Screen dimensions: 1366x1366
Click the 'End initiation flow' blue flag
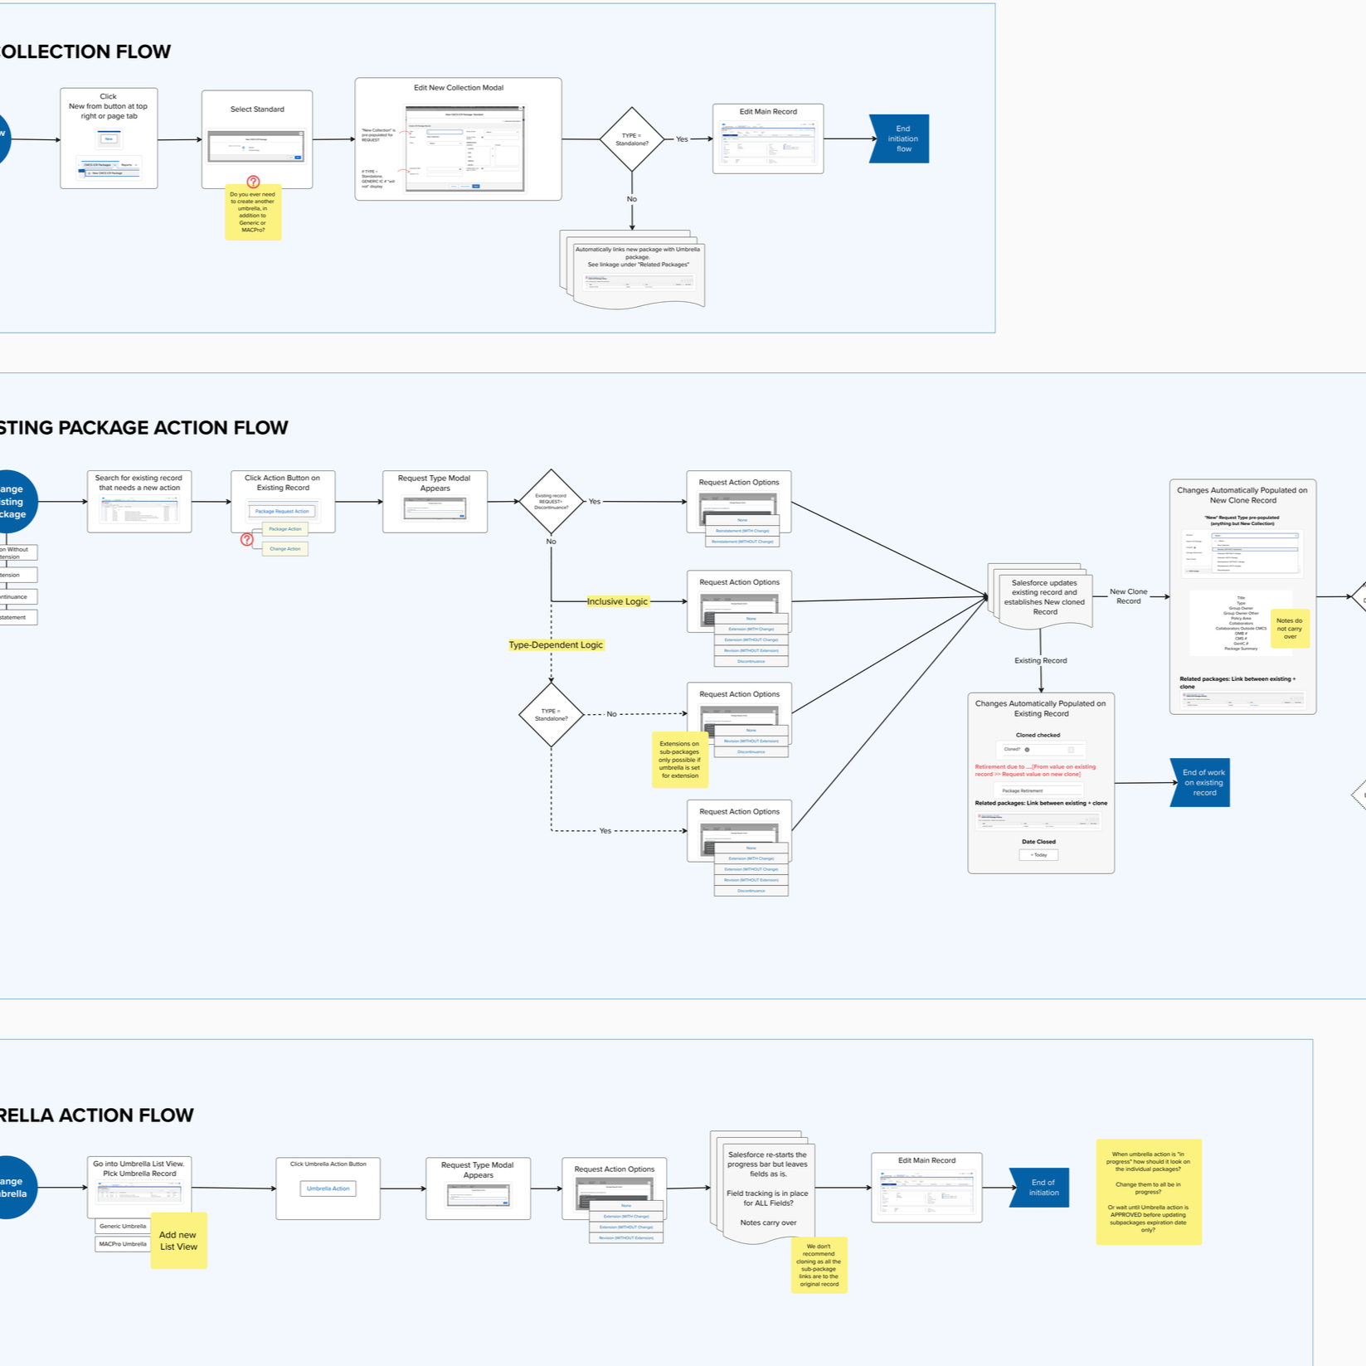click(902, 139)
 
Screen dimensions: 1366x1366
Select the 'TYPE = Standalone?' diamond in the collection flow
click(632, 139)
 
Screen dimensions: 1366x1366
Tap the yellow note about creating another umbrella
click(253, 212)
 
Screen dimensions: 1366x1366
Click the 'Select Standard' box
click(257, 139)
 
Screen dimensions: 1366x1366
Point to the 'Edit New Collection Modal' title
click(459, 88)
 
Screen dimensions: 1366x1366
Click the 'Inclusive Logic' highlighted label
click(617, 601)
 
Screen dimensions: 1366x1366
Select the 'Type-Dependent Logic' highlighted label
click(556, 644)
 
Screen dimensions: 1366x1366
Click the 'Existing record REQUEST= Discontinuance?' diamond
click(551, 501)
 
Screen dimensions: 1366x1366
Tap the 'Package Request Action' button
click(282, 511)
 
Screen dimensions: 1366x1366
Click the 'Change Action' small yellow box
click(284, 548)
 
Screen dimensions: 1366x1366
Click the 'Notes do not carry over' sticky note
click(1289, 628)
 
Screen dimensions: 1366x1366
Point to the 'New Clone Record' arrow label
click(1128, 596)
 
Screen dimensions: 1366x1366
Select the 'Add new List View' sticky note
click(178, 1241)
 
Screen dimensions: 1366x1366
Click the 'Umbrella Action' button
click(328, 1189)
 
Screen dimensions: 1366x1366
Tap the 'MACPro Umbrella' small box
click(123, 1244)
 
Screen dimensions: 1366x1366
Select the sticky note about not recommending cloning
click(819, 1265)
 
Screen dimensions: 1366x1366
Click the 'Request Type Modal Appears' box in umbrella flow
click(478, 1188)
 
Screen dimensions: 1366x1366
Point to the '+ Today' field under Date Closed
click(1038, 854)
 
